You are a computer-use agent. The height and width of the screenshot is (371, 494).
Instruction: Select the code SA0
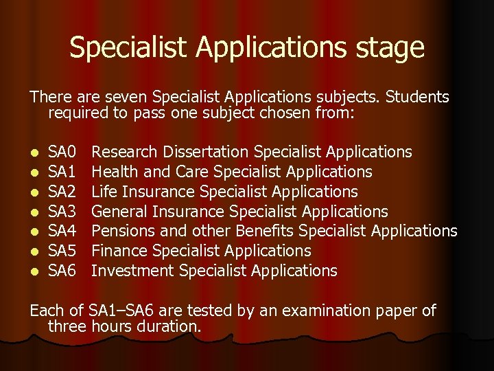click(62, 152)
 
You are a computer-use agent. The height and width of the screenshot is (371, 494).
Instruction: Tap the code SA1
click(62, 172)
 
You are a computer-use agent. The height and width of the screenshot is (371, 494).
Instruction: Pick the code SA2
click(62, 192)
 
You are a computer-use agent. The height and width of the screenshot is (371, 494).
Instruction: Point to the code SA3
click(62, 212)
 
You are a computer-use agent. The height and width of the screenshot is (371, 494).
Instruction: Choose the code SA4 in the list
click(62, 232)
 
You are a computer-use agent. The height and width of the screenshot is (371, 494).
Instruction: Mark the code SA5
click(62, 251)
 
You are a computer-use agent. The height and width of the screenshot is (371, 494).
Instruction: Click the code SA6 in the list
click(62, 271)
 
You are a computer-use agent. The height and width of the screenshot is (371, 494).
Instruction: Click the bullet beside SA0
click(34, 153)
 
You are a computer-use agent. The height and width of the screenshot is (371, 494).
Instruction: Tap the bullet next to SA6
click(34, 272)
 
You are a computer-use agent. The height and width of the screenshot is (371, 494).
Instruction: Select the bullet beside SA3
click(34, 212)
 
